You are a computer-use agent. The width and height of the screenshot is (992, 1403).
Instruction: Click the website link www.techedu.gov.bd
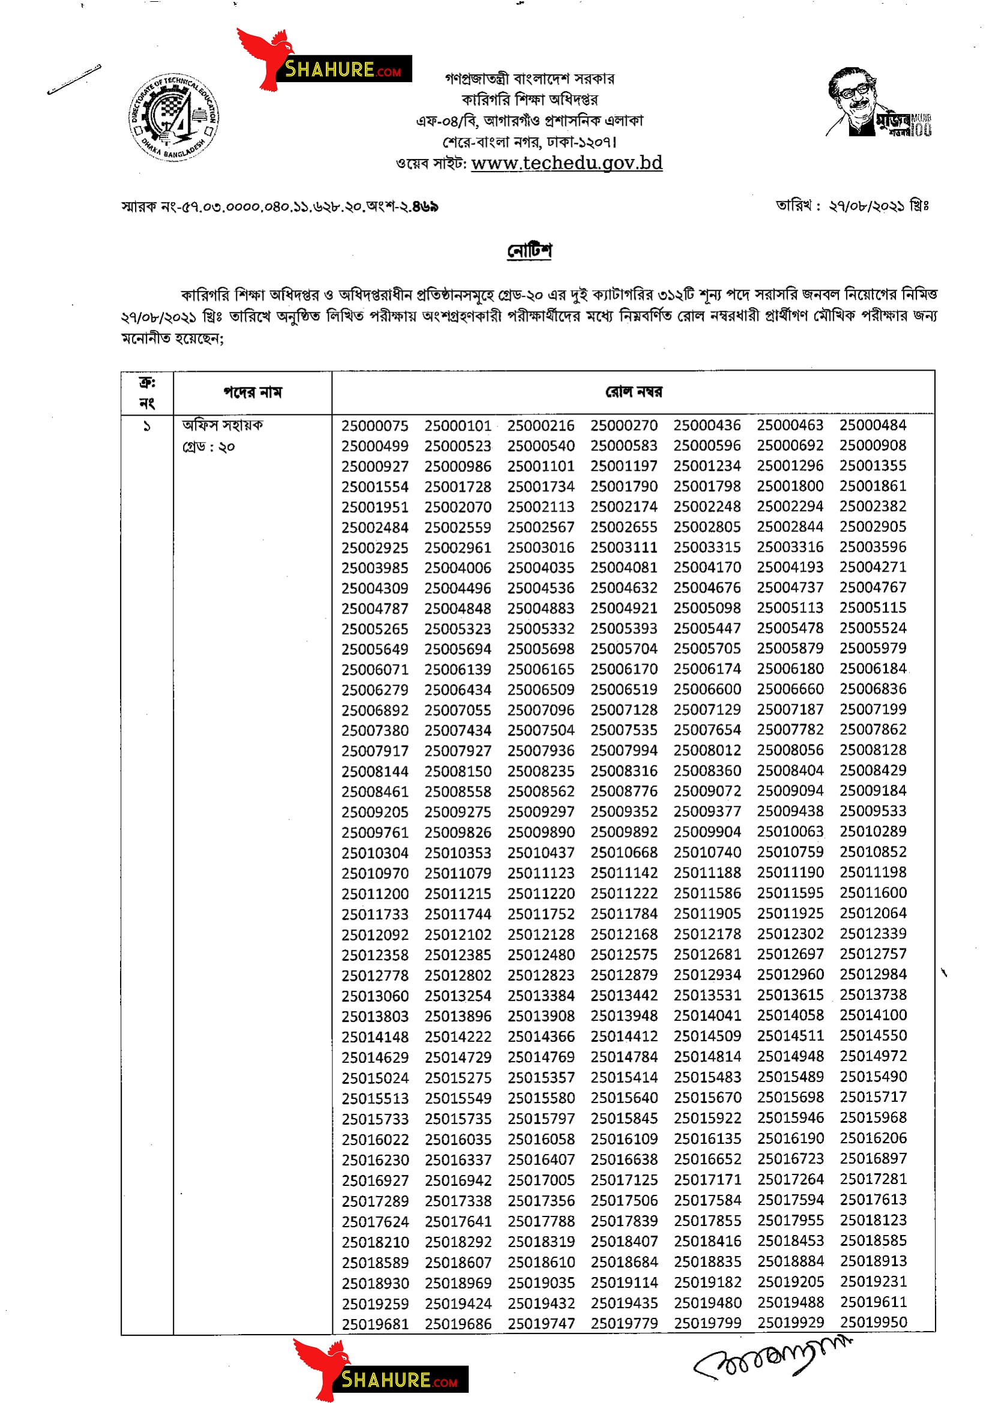coord(567,163)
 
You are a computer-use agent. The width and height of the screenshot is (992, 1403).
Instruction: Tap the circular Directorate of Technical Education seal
coord(174,118)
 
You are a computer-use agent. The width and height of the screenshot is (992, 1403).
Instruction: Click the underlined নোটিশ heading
coord(529,251)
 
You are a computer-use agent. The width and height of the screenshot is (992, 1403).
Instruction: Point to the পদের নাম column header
coord(253,392)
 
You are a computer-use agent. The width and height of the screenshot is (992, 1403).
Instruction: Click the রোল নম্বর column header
coord(633,392)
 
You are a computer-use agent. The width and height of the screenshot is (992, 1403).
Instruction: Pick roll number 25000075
coord(374,425)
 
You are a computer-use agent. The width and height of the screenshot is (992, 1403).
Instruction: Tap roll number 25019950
coord(873,1322)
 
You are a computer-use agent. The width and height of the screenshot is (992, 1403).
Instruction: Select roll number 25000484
coord(872,425)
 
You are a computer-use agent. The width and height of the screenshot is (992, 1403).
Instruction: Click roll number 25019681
coord(374,1323)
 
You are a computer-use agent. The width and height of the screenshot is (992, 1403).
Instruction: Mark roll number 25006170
coord(624,669)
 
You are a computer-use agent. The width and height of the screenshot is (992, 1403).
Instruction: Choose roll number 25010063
coord(790,831)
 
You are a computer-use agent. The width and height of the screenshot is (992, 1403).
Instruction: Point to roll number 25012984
coord(873,974)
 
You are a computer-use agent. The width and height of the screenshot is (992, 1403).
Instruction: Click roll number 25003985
coord(374,567)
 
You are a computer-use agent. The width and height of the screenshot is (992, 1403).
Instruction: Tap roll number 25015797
coord(541,1118)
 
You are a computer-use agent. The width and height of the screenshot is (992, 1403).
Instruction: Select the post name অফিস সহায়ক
coord(223,425)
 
